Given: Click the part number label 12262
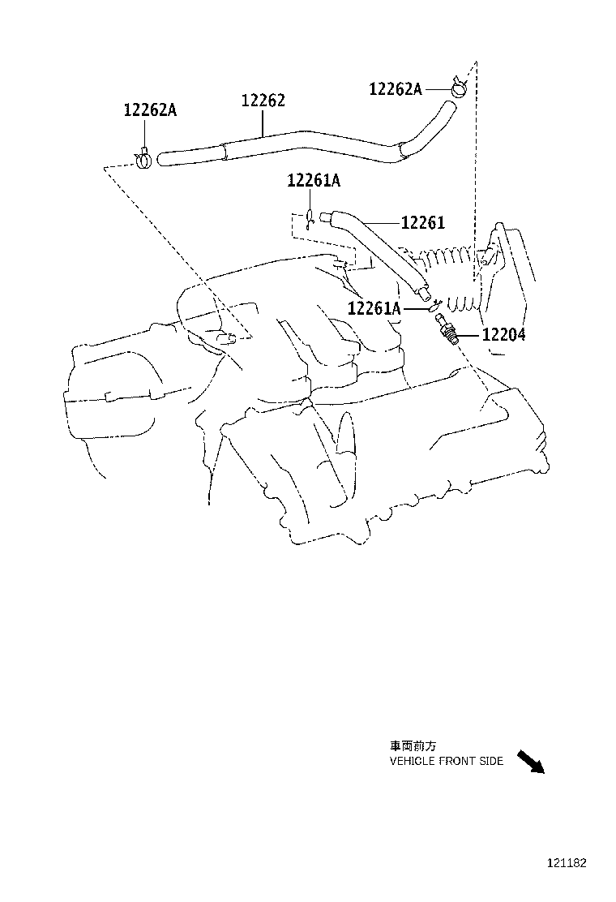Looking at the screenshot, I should pos(263,101).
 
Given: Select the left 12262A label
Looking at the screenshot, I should pos(150,110).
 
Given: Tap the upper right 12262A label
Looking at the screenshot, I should pos(396,89).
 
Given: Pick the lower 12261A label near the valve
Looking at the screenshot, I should pos(374,308).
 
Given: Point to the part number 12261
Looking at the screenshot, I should pos(423,222).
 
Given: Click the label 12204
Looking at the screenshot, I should pos(503,334).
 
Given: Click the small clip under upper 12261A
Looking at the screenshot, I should pos(310,217).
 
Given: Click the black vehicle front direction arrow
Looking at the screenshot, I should pos(530,762).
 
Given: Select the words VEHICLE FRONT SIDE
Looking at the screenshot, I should pos(446,761).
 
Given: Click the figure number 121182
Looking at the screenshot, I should pos(565,864).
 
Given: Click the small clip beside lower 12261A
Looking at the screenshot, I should pos(434,305).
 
